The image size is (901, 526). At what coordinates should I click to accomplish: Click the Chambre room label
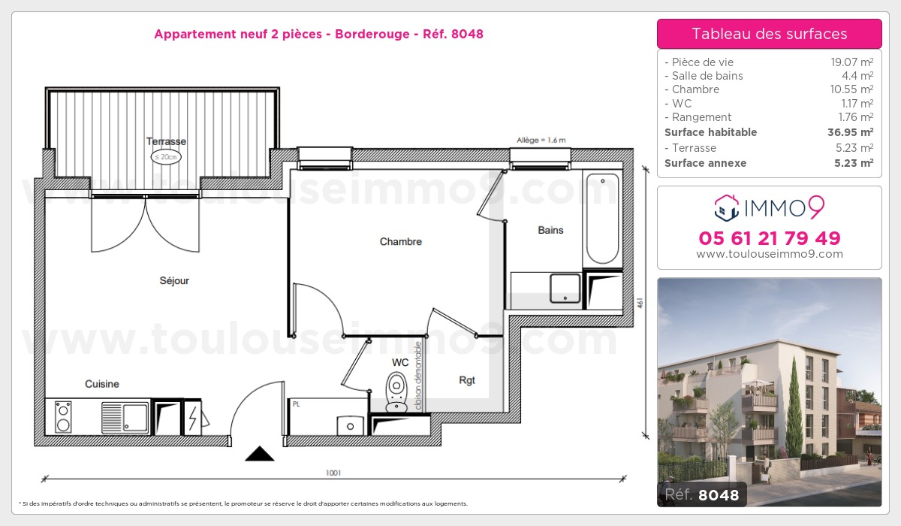coord(400,242)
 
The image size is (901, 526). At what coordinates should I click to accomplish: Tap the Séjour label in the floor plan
coord(174,281)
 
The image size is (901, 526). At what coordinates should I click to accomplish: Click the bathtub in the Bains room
coord(602,218)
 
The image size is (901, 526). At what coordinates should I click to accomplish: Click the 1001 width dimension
coord(333,473)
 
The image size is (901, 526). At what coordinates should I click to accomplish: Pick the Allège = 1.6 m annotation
coord(541,141)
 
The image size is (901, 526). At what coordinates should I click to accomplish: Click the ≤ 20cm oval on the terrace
coord(166,157)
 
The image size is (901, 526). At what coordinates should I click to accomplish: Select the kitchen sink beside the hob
coord(125,416)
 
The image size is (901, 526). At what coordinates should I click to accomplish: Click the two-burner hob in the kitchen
coord(64,416)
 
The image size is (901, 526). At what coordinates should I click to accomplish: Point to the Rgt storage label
coord(467,380)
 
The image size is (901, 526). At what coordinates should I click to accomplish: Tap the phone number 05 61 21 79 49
coord(769,239)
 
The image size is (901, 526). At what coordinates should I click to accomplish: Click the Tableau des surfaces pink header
coord(769,34)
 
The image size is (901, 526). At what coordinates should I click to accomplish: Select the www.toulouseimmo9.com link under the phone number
coord(769,254)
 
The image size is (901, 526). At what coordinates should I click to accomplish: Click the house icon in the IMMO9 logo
coord(725,207)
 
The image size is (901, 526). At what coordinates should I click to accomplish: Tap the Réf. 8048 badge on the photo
coord(702,494)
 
